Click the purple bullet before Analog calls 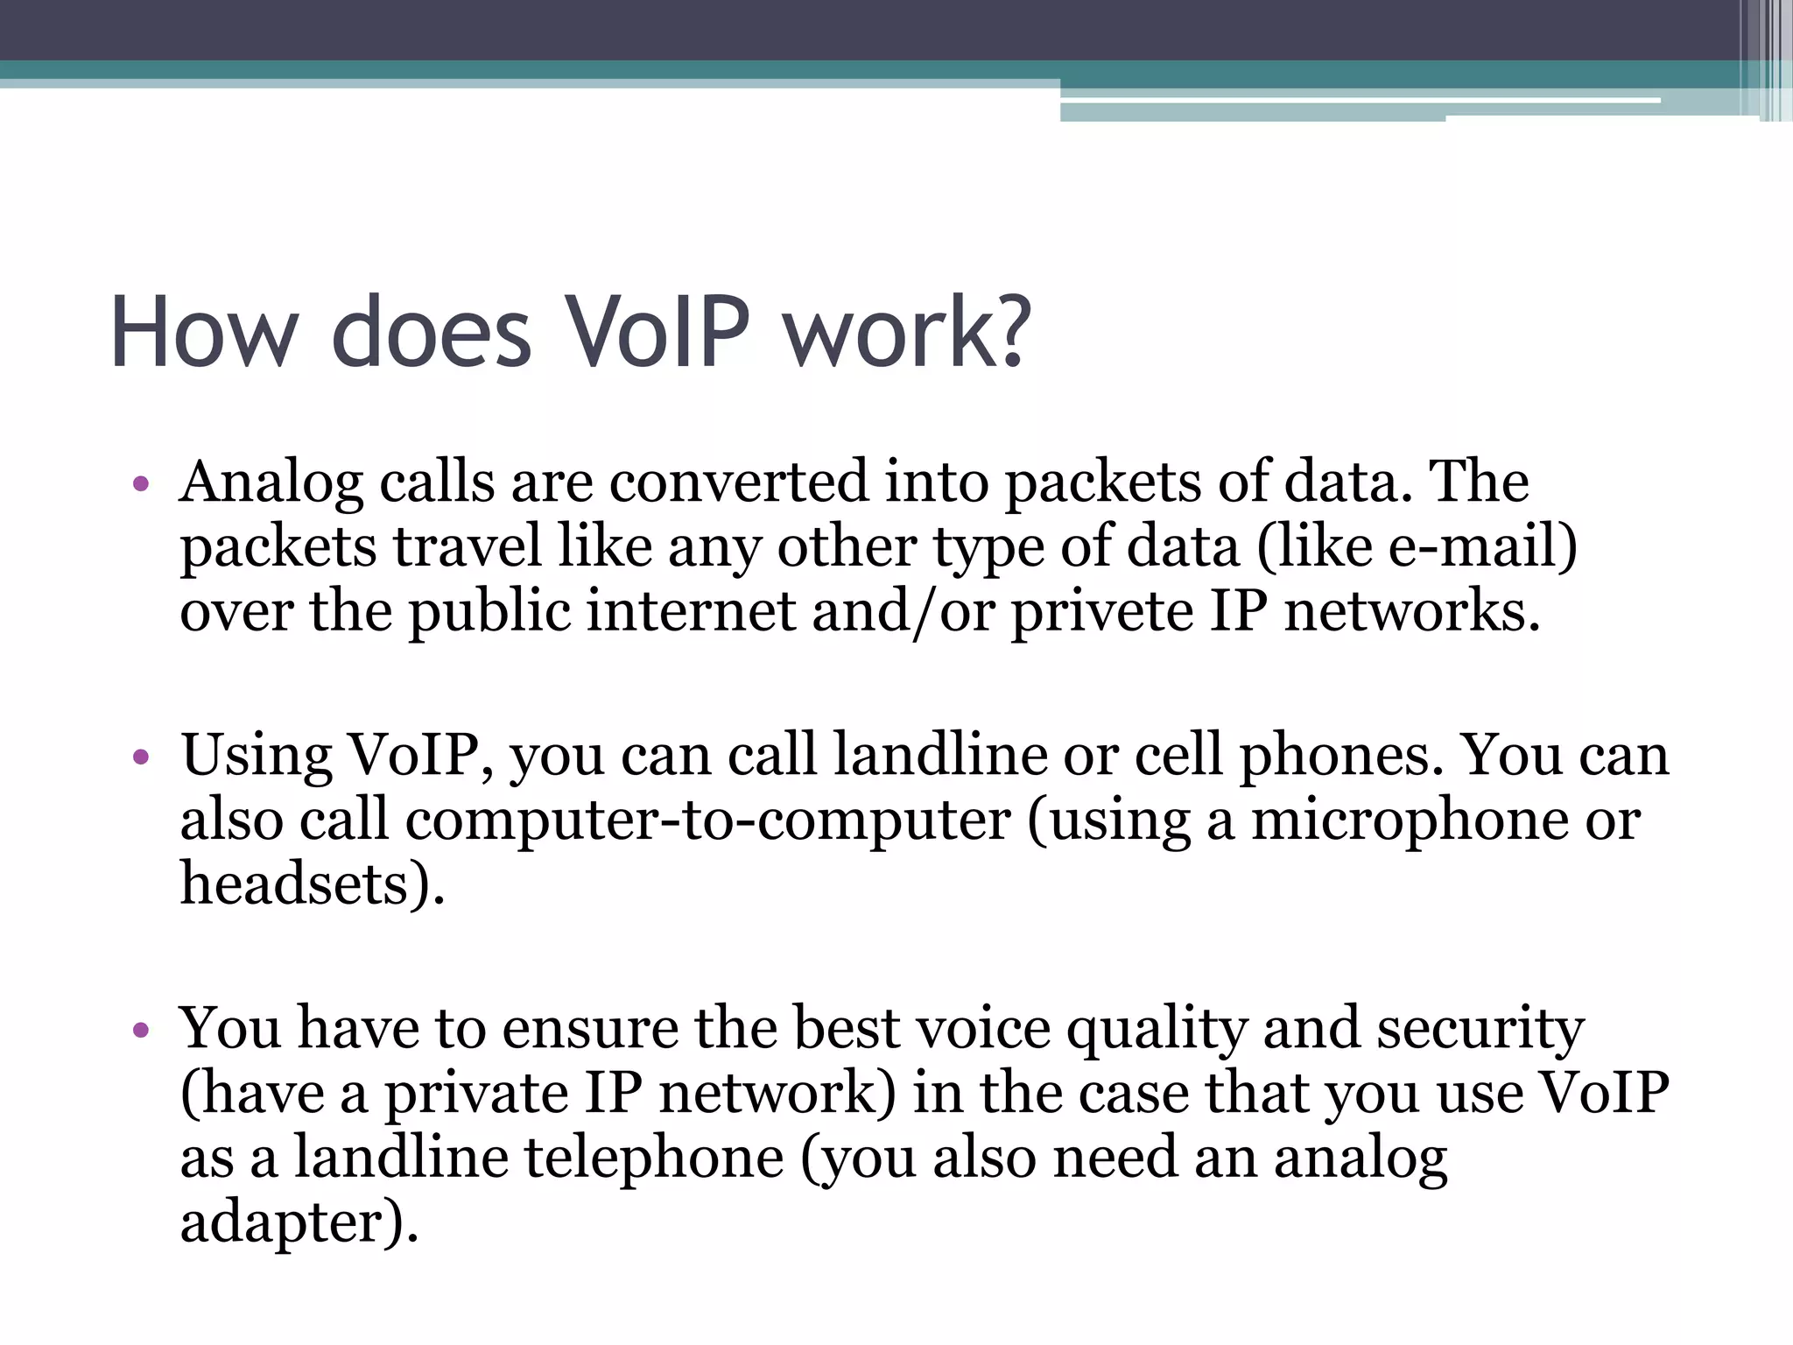point(141,483)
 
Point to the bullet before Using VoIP point(141,756)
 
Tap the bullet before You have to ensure point(141,1030)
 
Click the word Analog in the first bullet point(271,483)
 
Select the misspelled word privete point(1102,611)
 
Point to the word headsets point(294,884)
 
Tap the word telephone point(654,1158)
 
